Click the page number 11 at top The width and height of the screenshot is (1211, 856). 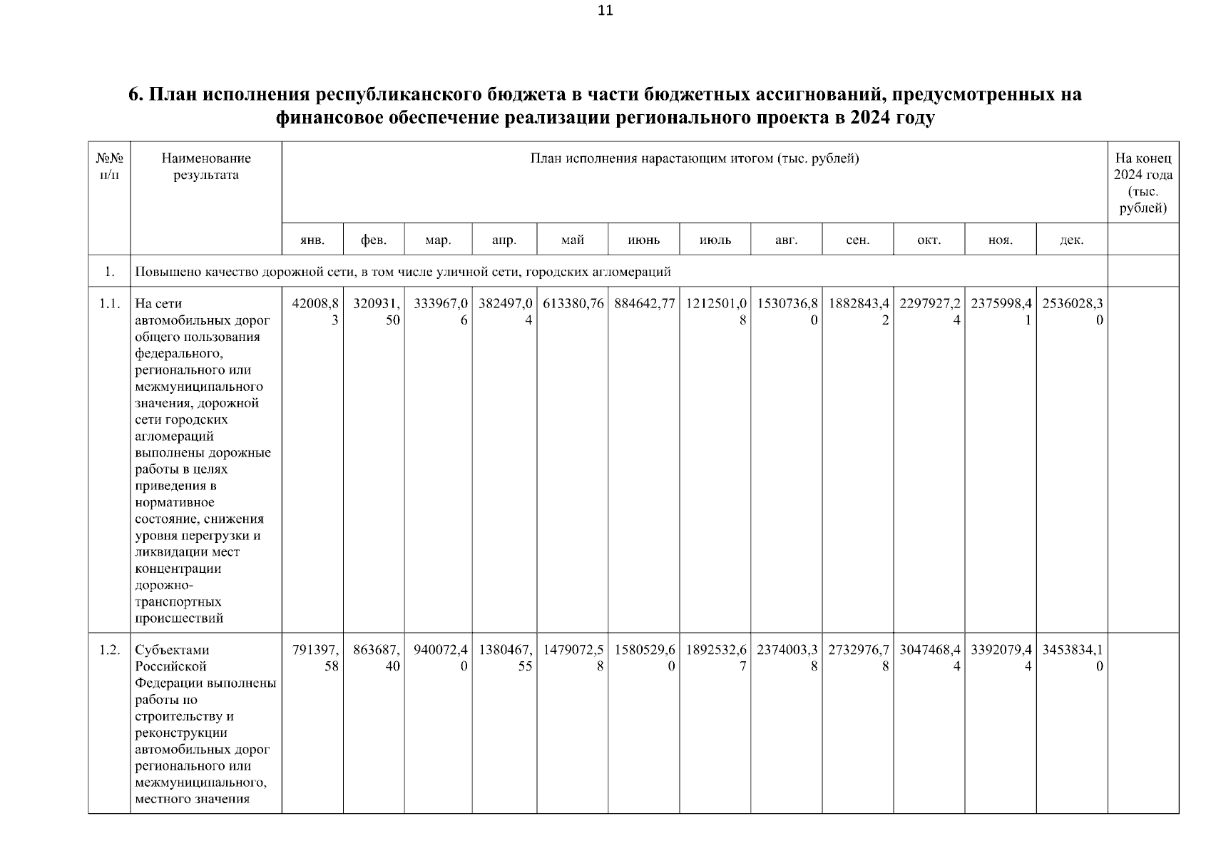(605, 11)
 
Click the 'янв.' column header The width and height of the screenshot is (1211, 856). (312, 240)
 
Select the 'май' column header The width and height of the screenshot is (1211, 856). (572, 240)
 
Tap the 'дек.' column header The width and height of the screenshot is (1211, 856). (1071, 240)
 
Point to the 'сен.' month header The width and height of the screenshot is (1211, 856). (857, 240)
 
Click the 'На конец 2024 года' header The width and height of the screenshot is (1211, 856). (1143, 183)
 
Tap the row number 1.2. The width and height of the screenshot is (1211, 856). (109, 651)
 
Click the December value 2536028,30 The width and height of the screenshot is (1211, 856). (1073, 312)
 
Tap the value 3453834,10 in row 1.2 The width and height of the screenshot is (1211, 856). (1073, 658)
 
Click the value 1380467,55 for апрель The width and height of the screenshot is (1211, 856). (505, 658)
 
